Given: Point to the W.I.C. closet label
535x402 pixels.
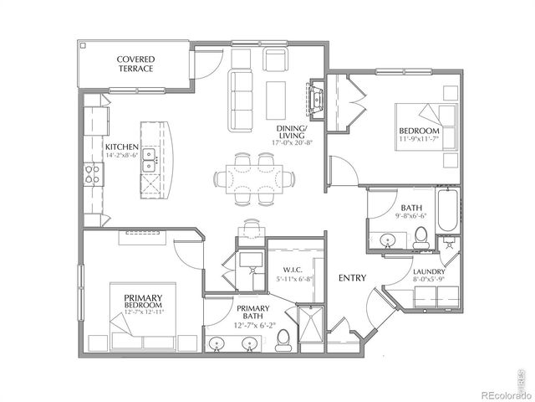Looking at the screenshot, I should (x=290, y=269).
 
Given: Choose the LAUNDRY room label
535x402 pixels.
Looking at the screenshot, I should (x=427, y=272).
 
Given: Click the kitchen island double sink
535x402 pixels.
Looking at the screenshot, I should (x=150, y=159).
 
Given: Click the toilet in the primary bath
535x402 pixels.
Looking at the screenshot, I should (x=284, y=339).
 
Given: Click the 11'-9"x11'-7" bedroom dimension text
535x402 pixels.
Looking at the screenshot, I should (x=420, y=141).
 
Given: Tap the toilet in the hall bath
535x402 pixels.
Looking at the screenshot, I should (x=420, y=237).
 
